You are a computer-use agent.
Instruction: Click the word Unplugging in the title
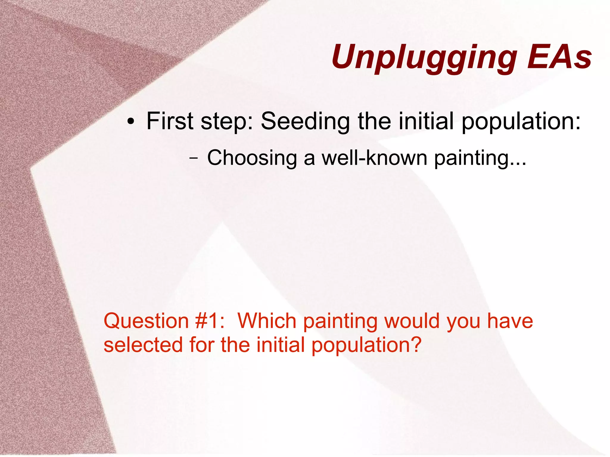pyautogui.click(x=424, y=57)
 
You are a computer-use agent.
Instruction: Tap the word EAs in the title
pyautogui.click(x=559, y=57)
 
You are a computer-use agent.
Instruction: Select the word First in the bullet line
pyautogui.click(x=170, y=121)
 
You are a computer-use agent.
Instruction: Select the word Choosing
pyautogui.click(x=252, y=158)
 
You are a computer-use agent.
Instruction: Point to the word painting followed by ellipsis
pyautogui.click(x=480, y=158)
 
